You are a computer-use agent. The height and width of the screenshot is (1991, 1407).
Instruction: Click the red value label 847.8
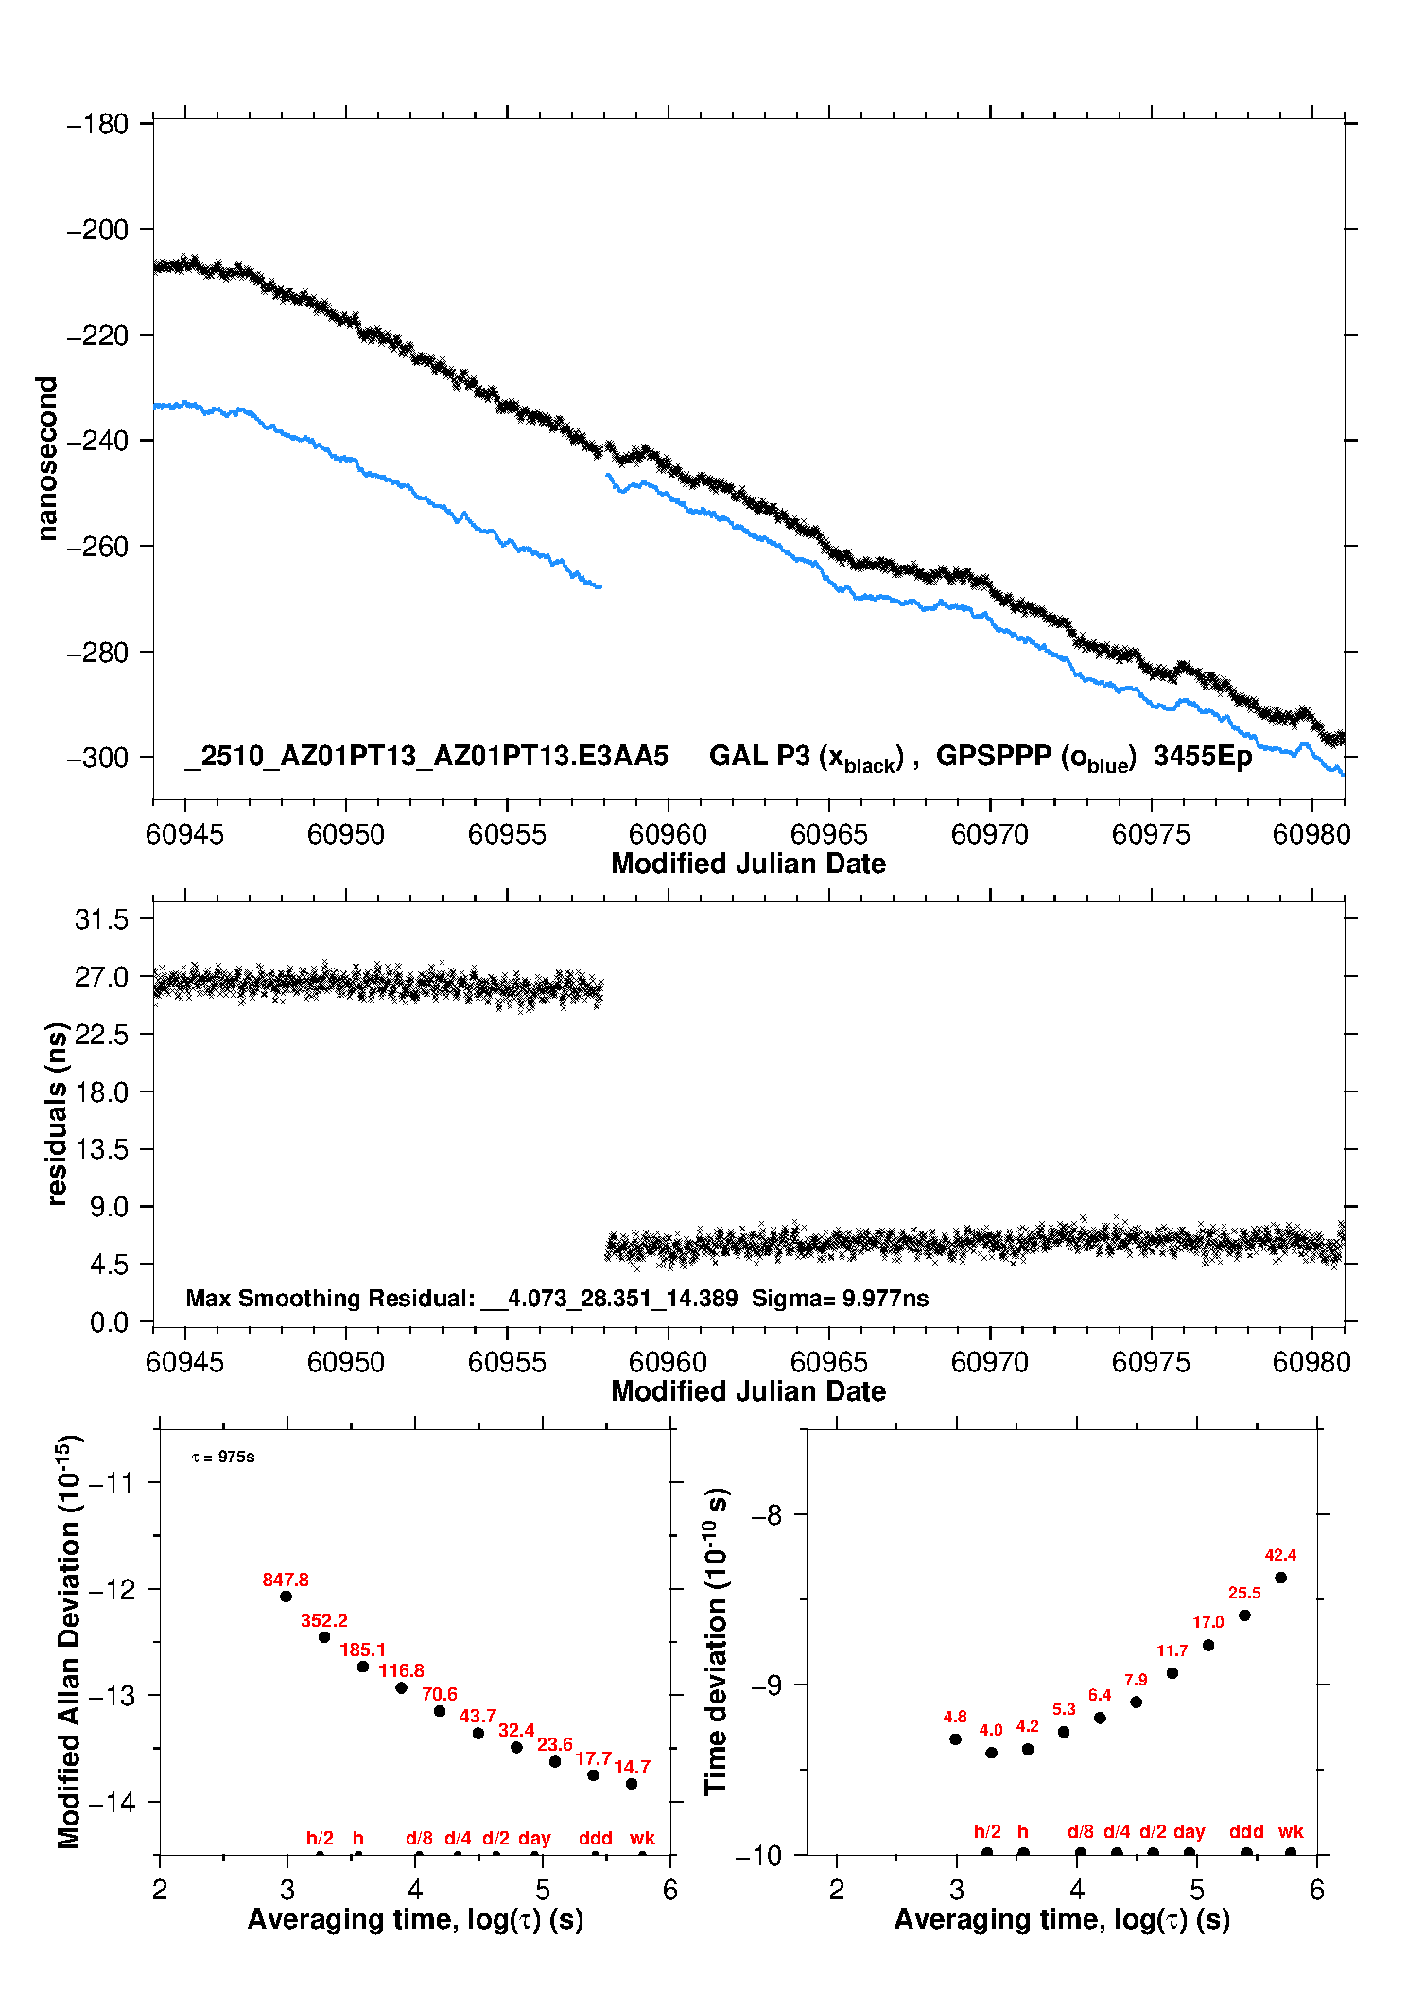click(x=286, y=1580)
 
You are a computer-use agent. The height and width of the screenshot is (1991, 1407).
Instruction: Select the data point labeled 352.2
click(x=324, y=1637)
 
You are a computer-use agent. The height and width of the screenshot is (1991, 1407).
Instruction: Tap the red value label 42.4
click(x=1280, y=1555)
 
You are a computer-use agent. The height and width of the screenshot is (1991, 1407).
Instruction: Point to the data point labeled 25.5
click(x=1244, y=1616)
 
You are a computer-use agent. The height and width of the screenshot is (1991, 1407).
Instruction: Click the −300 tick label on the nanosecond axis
click(x=97, y=758)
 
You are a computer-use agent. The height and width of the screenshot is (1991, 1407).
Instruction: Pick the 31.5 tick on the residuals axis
click(x=101, y=919)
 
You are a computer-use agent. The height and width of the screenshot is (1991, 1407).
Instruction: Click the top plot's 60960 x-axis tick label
click(x=668, y=834)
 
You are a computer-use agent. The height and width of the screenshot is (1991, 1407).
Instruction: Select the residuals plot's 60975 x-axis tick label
click(x=1151, y=1362)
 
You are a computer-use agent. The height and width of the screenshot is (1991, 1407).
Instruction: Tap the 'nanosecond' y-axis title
click(x=46, y=459)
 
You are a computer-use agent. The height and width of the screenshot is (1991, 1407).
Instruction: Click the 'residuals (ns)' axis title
click(x=57, y=1113)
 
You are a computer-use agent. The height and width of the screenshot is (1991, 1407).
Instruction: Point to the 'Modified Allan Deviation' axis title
click(x=68, y=1641)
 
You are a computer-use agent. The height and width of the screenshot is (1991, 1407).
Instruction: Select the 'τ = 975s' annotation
click(x=223, y=1457)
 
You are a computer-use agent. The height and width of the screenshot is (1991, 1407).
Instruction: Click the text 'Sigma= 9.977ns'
click(x=840, y=1298)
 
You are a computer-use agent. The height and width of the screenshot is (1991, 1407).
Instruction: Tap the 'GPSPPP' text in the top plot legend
click(x=994, y=756)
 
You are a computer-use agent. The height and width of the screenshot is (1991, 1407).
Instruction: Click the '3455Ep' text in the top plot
click(x=1202, y=756)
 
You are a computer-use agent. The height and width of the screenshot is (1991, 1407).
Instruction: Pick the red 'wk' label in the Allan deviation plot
click(x=642, y=1838)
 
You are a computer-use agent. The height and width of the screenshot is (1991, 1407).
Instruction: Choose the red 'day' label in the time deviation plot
click(x=1189, y=1831)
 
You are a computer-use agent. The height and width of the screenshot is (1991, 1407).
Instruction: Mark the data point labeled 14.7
click(x=632, y=1784)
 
